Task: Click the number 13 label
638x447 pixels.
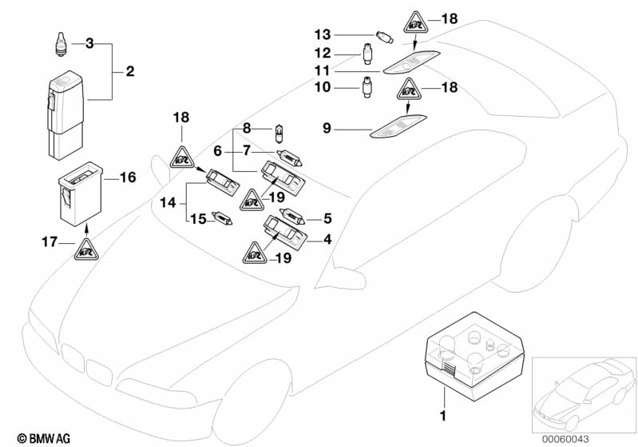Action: pyautogui.click(x=322, y=35)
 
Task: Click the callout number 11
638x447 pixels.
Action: pyautogui.click(x=322, y=70)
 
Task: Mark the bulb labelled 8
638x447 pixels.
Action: pyautogui.click(x=279, y=130)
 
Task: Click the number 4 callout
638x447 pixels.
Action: pyautogui.click(x=327, y=237)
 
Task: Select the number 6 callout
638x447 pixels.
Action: pyautogui.click(x=217, y=150)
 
